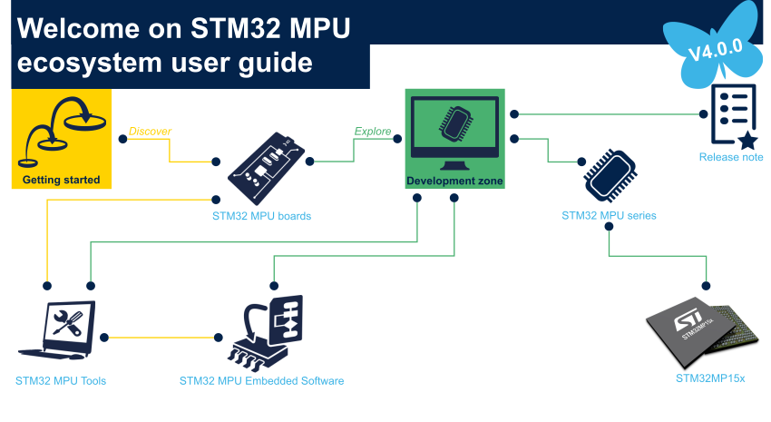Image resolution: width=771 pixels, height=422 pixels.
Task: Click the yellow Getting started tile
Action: tap(62, 139)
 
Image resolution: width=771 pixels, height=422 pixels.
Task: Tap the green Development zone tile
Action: tap(454, 139)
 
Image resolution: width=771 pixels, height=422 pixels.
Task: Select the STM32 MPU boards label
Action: tap(261, 216)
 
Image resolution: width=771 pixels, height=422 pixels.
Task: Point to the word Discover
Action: tap(150, 132)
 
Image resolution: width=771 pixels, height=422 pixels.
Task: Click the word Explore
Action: tap(373, 132)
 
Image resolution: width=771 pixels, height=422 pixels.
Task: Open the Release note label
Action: tap(731, 157)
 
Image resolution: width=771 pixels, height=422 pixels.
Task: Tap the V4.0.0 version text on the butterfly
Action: tap(716, 50)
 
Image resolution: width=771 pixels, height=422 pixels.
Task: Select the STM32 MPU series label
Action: tap(609, 215)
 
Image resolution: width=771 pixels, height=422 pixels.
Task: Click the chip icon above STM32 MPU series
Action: tap(610, 175)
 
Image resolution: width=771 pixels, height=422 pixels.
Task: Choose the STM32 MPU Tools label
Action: tap(61, 380)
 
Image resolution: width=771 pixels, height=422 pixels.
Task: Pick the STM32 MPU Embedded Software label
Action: tap(261, 380)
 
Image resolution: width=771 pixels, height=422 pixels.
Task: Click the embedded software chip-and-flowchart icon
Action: tap(266, 332)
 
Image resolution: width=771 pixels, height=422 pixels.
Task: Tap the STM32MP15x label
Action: tap(710, 378)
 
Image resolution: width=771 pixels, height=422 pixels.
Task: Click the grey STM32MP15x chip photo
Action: tap(703, 332)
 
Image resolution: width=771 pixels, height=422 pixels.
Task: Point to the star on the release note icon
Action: tap(748, 141)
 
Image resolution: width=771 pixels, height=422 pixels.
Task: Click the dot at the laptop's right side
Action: tap(104, 338)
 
